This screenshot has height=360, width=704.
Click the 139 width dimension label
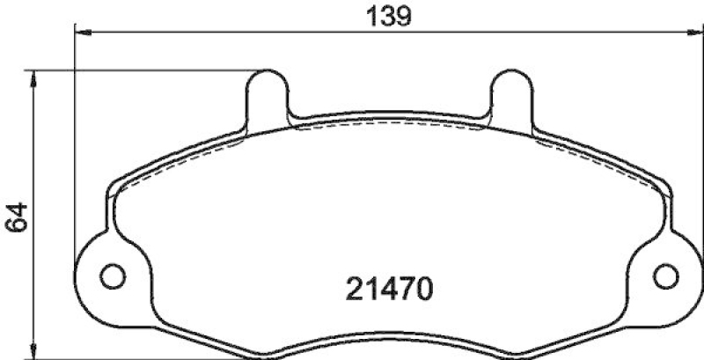click(x=386, y=15)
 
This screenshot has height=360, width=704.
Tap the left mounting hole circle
click(x=113, y=276)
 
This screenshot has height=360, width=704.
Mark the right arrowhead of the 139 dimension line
click(x=694, y=33)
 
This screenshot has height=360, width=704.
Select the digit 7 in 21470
click(x=401, y=288)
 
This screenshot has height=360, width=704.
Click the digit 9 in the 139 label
click(x=404, y=15)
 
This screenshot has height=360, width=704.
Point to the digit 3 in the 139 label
click(x=386, y=15)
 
